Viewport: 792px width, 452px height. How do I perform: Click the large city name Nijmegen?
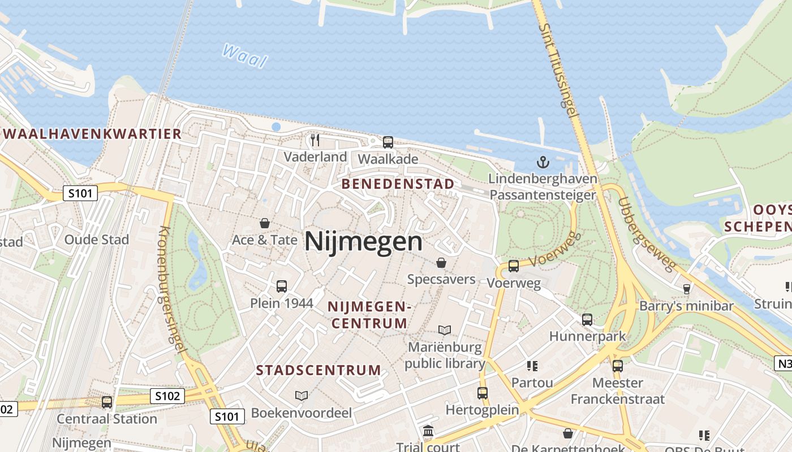tap(363, 242)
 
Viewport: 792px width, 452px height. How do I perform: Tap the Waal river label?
tap(244, 55)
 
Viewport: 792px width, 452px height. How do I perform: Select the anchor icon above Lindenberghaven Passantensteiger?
tap(543, 162)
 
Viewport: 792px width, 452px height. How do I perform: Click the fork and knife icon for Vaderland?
tap(315, 140)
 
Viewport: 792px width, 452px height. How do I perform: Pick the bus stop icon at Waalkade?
tap(388, 142)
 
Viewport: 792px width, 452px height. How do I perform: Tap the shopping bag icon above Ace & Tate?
tap(264, 223)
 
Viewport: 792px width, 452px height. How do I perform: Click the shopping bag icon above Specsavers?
tap(441, 263)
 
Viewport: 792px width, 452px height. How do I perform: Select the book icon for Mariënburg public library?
tap(445, 330)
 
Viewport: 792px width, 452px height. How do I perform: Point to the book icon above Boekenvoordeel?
tap(302, 395)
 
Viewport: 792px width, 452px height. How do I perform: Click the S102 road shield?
tap(168, 396)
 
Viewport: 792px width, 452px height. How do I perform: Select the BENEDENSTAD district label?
tap(398, 184)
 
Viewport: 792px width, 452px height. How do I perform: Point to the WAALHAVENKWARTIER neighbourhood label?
tap(92, 134)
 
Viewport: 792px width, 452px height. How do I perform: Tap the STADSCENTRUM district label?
tap(318, 371)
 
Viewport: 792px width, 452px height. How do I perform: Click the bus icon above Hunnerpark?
tap(587, 320)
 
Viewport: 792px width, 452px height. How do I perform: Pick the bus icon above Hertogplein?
tap(482, 393)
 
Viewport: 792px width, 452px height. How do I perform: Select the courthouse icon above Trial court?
tap(428, 432)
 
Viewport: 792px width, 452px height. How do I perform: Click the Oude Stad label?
tap(97, 240)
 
